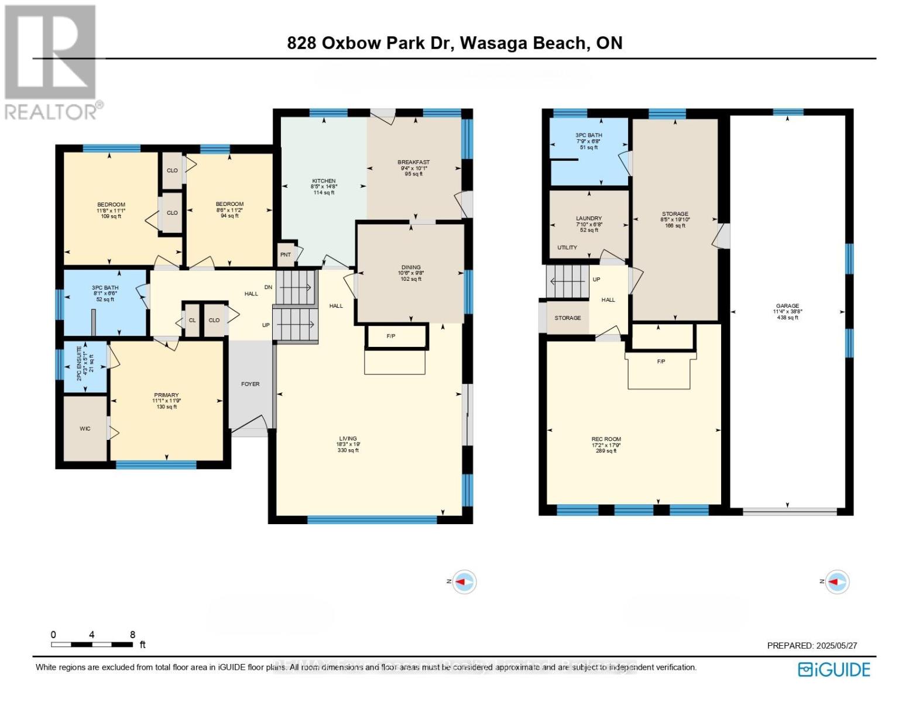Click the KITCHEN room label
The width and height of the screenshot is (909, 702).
click(324, 181)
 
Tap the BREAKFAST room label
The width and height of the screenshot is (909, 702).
click(413, 162)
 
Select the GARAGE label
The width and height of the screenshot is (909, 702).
click(787, 305)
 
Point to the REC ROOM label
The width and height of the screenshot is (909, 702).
click(606, 439)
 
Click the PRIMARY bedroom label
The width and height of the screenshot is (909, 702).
click(166, 395)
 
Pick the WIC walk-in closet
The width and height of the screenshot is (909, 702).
click(85, 429)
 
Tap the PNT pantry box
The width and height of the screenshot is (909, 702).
click(286, 254)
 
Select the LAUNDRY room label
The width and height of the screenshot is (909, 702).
click(588, 218)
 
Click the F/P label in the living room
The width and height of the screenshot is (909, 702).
click(391, 336)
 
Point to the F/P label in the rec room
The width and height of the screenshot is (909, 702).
click(661, 362)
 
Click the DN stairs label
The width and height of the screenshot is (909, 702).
click(268, 287)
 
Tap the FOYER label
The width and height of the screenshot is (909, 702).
click(250, 384)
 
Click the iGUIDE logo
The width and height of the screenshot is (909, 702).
click(834, 669)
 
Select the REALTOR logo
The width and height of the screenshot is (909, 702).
click(52, 61)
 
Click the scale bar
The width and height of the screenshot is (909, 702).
click(92, 645)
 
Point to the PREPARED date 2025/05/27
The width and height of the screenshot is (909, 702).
click(812, 645)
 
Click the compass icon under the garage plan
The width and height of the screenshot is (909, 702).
click(837, 581)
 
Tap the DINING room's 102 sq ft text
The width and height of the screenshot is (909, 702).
click(411, 279)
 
